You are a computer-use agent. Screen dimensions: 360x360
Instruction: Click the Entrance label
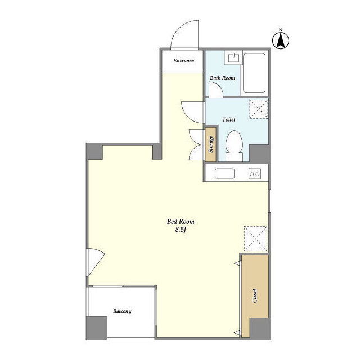pos(183,61)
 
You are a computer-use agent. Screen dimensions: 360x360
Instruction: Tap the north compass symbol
pos(281,40)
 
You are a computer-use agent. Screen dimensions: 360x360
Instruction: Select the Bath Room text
pos(223,78)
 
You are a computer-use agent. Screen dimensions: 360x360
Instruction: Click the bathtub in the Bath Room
pos(254,73)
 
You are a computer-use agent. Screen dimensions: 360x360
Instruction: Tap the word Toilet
pos(229,119)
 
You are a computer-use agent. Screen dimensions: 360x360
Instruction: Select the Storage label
pos(211,144)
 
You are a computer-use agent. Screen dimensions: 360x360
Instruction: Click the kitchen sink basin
pos(224,173)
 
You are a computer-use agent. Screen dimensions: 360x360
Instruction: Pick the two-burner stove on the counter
pos(255,174)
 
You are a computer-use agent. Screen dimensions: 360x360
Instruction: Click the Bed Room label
pos(181,222)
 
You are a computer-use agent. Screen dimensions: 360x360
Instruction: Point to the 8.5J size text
pos(181,229)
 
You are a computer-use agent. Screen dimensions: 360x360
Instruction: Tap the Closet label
pos(255,295)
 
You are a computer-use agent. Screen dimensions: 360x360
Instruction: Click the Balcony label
pos(122,311)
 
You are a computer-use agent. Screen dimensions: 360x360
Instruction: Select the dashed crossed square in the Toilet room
pos(259,109)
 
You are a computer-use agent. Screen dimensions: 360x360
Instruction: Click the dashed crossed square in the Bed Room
pos(256,238)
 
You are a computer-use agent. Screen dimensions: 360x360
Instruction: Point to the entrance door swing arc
pos(178,29)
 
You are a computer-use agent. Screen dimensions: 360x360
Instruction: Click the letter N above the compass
pos(280,29)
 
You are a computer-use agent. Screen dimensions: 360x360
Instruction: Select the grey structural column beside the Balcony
pos(97,328)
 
